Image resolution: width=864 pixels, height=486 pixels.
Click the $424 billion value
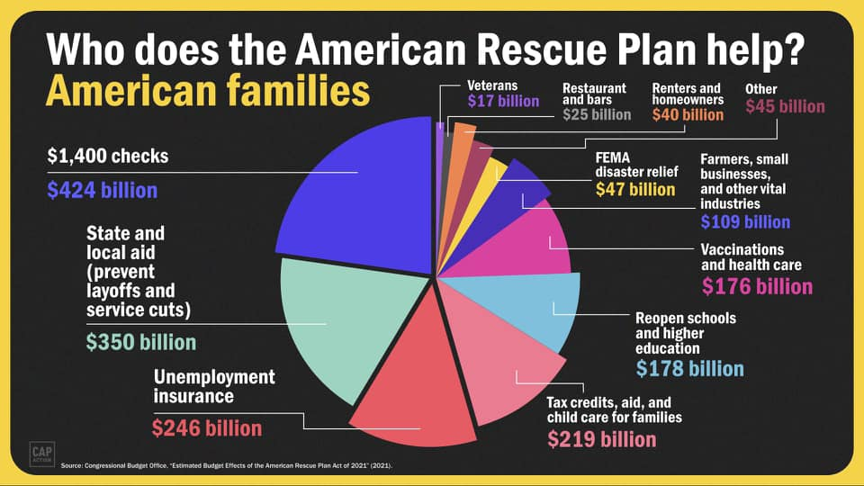click(x=102, y=191)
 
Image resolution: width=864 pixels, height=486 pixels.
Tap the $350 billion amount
click(x=140, y=343)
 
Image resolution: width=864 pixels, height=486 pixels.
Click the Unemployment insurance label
click(x=214, y=386)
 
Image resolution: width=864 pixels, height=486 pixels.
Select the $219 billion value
click(x=602, y=439)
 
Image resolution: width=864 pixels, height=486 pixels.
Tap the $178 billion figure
click(x=689, y=369)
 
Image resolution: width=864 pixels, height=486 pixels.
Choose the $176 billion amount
click(x=757, y=287)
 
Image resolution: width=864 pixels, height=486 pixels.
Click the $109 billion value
click(x=745, y=221)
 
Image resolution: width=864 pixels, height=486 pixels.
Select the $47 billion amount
click(x=635, y=189)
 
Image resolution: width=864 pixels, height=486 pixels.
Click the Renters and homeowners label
click(x=687, y=94)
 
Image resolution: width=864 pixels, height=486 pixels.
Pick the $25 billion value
click(x=597, y=114)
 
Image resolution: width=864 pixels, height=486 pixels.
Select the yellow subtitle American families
click(x=207, y=92)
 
